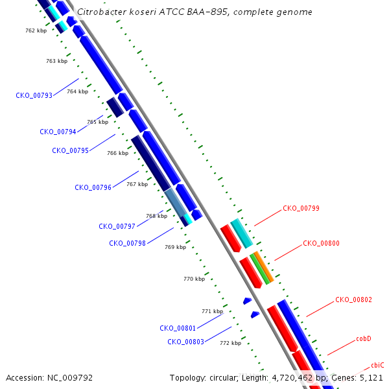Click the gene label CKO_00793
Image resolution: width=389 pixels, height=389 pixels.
(x=34, y=95)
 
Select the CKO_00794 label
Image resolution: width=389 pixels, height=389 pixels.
(x=58, y=132)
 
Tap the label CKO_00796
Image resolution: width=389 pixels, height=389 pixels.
(x=93, y=187)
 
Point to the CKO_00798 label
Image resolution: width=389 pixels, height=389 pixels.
(x=127, y=243)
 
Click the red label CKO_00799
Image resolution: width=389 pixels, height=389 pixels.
(x=301, y=208)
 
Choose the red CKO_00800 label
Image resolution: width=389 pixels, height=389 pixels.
(x=322, y=243)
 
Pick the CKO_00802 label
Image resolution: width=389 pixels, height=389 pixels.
(x=354, y=300)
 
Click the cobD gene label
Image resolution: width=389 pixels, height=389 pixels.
(x=364, y=338)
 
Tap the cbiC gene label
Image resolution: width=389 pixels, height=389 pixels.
(x=377, y=365)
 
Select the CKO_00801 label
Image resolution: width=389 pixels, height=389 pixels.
(x=178, y=329)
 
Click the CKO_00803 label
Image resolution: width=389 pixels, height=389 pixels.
(x=186, y=342)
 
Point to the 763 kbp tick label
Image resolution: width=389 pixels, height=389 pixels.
(x=57, y=61)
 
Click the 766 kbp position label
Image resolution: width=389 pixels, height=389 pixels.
(x=118, y=153)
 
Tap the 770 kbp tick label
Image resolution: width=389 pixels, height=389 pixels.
(x=194, y=279)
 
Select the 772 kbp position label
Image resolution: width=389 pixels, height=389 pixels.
(x=230, y=343)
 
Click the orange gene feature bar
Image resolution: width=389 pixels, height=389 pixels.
(x=264, y=266)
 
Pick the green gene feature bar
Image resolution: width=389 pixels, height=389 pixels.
(x=260, y=269)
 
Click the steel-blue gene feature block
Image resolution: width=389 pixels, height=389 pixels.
(x=176, y=202)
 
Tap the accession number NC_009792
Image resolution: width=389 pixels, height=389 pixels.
(x=70, y=378)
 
